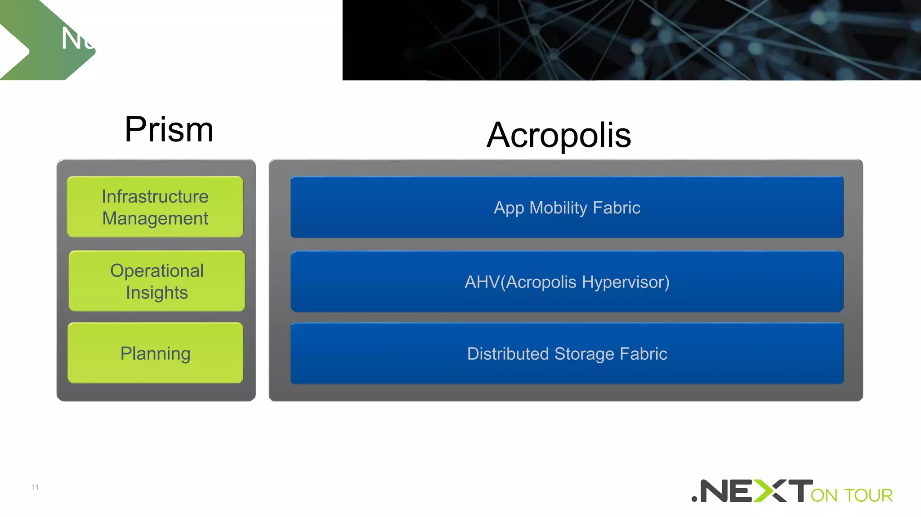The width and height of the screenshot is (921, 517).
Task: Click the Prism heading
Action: tap(169, 129)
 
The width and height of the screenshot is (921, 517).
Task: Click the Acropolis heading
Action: tap(559, 135)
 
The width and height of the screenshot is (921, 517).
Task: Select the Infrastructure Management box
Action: tap(155, 207)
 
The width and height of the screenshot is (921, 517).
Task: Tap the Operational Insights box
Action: tap(157, 281)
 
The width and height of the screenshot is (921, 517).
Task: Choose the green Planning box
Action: tap(155, 353)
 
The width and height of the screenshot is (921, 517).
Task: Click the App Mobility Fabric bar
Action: tap(567, 208)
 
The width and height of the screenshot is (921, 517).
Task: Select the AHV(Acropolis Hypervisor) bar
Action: tap(567, 282)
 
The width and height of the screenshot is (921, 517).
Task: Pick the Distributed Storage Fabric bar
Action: tap(567, 354)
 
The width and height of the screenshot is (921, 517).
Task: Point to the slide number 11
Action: tap(35, 487)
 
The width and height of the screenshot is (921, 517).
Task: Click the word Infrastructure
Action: tap(155, 197)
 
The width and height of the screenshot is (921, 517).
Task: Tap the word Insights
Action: tap(156, 293)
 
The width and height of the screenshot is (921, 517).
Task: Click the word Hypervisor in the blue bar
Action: tap(625, 282)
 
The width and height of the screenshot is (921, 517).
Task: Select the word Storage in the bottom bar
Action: tap(584, 354)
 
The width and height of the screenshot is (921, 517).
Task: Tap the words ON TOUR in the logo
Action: tap(851, 495)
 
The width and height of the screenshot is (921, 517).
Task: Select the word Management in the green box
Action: tap(155, 219)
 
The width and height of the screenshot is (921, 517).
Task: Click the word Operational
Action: tap(157, 271)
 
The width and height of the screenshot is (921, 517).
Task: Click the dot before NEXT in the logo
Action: tap(695, 499)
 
